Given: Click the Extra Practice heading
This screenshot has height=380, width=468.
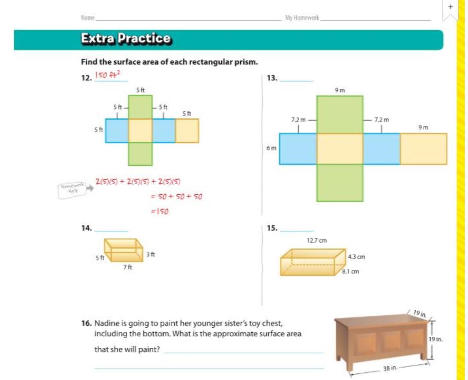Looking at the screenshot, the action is coord(126,38).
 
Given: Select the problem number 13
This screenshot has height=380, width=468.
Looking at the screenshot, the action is coord(272,78).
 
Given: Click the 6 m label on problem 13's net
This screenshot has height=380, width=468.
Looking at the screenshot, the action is coord(271,148).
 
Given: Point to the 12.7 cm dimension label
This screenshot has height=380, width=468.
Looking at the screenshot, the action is coord(317,241).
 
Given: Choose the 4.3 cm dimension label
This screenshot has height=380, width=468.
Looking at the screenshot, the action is coord(356,257).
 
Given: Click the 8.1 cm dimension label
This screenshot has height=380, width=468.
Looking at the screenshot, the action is coord(351,271).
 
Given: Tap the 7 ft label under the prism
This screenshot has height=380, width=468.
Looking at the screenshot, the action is coord(127,267).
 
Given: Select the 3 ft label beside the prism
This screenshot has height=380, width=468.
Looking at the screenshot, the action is coord(151,254).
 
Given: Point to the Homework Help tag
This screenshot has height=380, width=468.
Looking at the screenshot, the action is coord(72,190).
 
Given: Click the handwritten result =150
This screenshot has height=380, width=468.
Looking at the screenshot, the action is coord(160,211).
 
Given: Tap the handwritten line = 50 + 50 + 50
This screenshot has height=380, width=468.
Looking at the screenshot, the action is coord(176,196).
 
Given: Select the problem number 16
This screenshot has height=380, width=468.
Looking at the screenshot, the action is coord(87,323).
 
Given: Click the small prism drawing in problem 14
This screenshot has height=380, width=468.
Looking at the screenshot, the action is coord(124,250).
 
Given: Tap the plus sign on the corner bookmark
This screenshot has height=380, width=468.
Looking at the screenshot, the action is coord(451,7).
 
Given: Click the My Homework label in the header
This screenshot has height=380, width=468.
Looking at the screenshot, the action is coord(302,18).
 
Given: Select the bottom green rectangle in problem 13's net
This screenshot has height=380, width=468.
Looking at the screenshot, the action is coord(340,183).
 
